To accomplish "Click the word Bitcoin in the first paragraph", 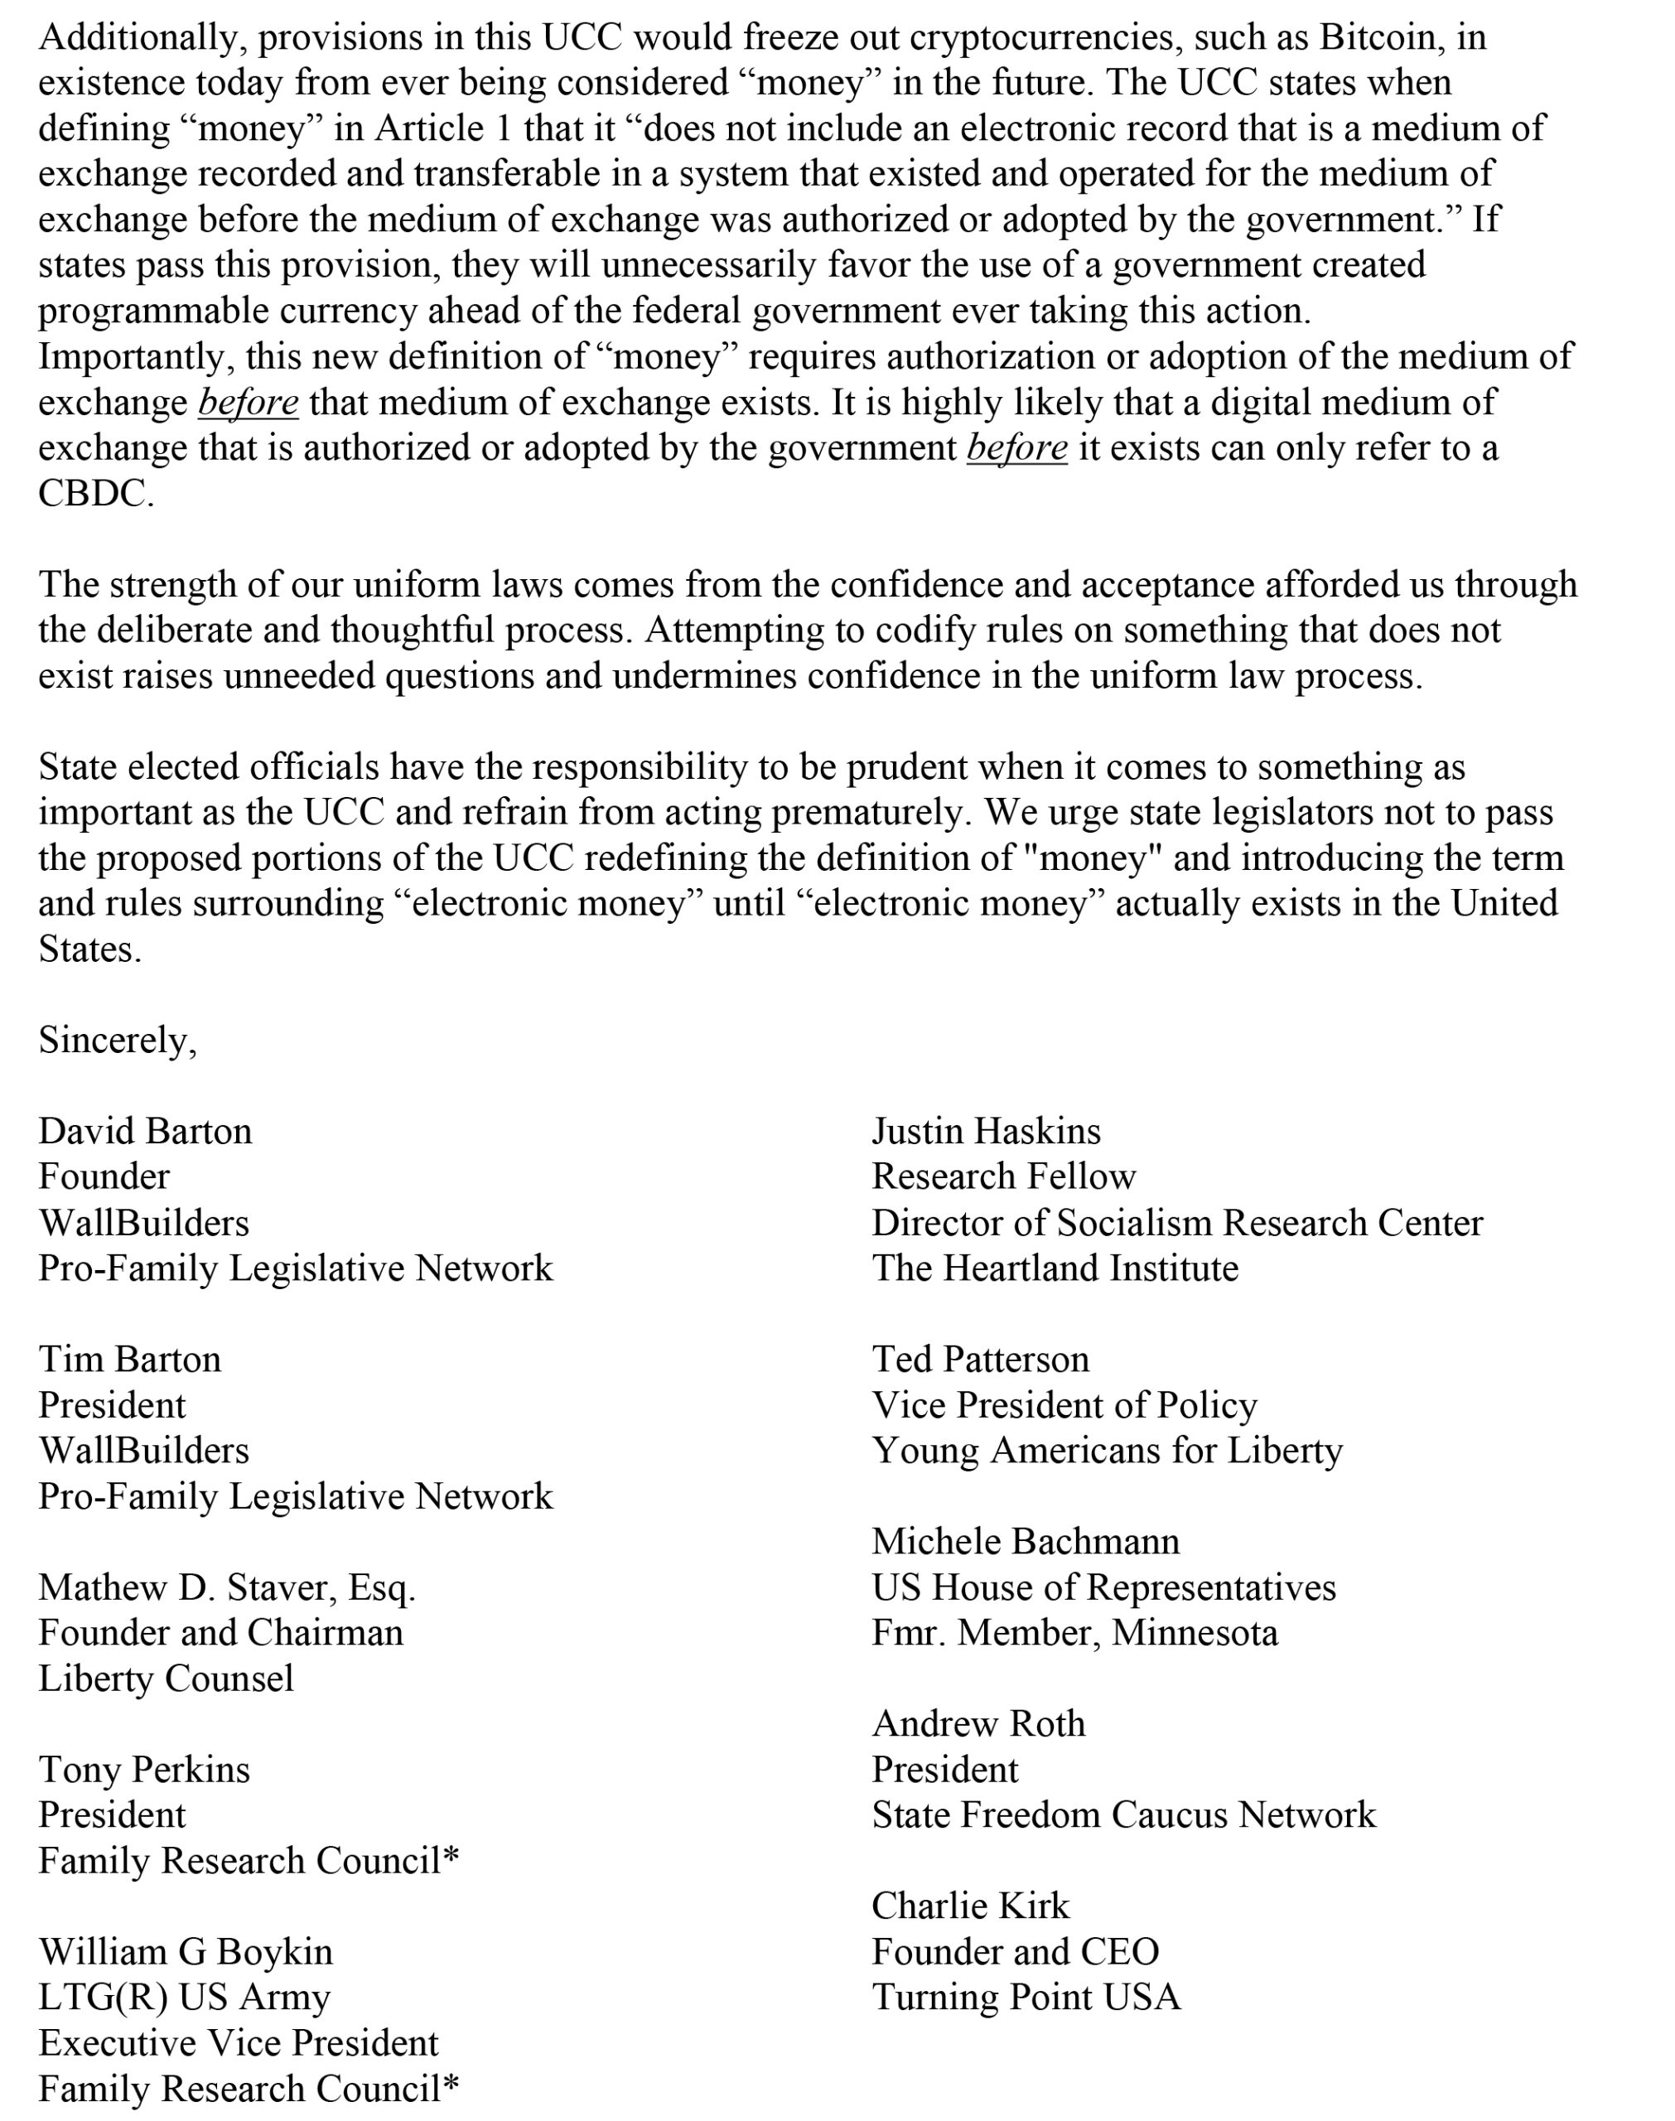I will click(x=1386, y=37).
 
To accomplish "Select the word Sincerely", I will click(x=117, y=1041).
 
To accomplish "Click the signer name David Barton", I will click(x=145, y=1132).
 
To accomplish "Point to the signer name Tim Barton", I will click(x=129, y=1360).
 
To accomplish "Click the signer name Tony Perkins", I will click(x=144, y=1770).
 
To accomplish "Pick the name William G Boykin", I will click(x=186, y=1952).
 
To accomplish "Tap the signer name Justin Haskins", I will click(x=986, y=1132).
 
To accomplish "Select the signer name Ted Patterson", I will click(x=980, y=1360).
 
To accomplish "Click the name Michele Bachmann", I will click(x=1025, y=1542).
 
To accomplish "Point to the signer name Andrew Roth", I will click(x=977, y=1724).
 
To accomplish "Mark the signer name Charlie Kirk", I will click(x=970, y=1906).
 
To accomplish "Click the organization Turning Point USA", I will click(x=1026, y=1998).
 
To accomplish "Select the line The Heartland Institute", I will click(x=1055, y=1269).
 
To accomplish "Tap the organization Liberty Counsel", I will click(x=166, y=1679).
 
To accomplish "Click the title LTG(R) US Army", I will click(x=185, y=1998).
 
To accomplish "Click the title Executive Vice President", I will click(x=239, y=2044).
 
